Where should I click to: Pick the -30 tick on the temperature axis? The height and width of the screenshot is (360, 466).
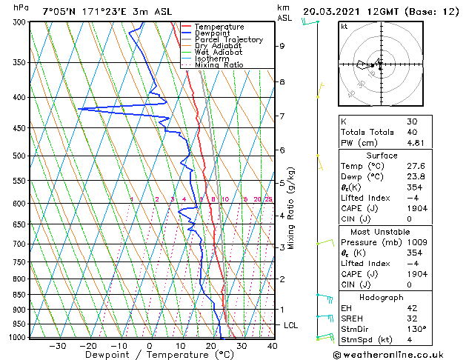(56, 346)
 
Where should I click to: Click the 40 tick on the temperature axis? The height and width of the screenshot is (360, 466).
(271, 346)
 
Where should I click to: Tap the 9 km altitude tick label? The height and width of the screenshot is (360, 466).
(282, 46)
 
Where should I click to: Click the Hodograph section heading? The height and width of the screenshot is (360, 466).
(382, 297)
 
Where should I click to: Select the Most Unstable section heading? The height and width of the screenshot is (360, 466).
(382, 231)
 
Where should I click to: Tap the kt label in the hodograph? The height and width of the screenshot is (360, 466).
(344, 26)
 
